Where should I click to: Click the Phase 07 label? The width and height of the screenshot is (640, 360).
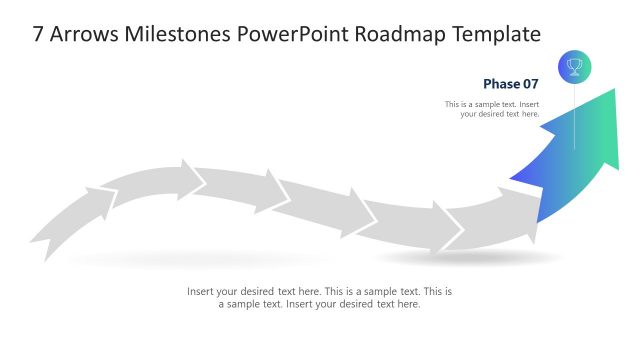coord(510,84)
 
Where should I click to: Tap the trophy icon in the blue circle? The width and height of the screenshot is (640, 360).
coord(574,67)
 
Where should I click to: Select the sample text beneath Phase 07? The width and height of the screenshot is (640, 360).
coord(492,109)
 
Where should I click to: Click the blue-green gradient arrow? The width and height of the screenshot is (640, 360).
coord(575,160)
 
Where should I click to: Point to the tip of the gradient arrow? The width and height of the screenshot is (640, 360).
coord(613,90)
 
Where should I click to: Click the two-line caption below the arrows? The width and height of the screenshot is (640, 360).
coord(320,298)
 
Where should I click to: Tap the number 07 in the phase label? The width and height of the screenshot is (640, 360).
coord(528,84)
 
